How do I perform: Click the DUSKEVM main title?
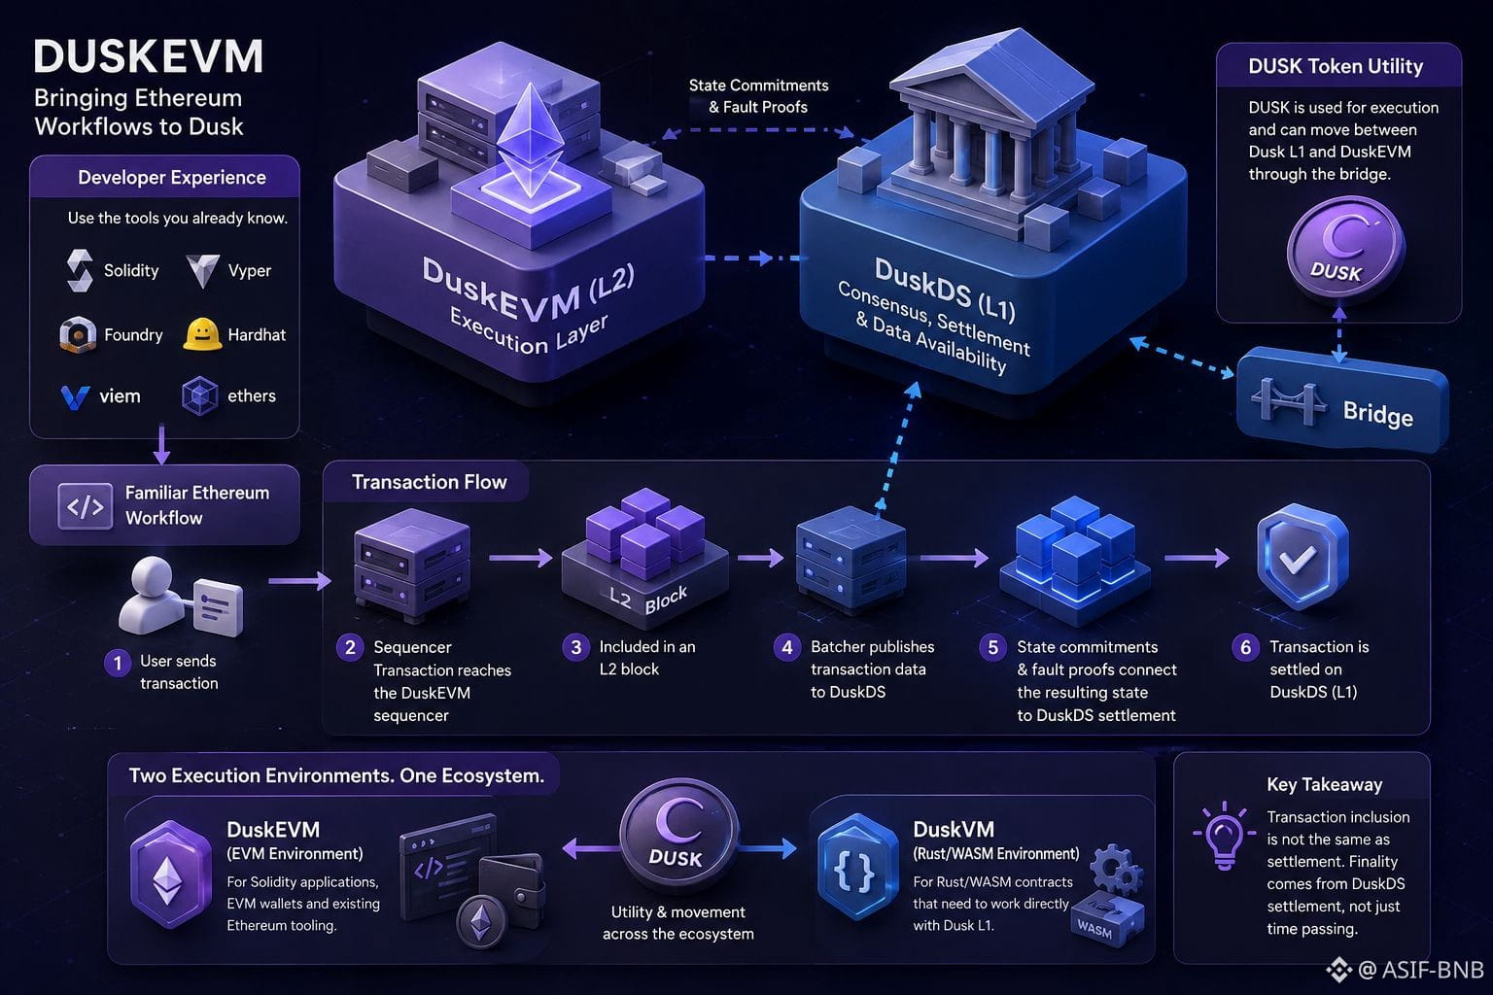click(149, 56)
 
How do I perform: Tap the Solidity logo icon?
click(80, 270)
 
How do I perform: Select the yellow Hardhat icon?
click(202, 334)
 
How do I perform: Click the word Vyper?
click(249, 270)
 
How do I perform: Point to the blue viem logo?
click(75, 397)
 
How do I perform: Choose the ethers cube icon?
click(200, 395)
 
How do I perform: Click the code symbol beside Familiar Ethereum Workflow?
click(85, 506)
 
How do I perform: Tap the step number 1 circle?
click(118, 663)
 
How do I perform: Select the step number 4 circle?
click(787, 647)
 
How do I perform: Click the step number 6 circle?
click(1245, 647)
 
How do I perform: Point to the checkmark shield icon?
click(1302, 556)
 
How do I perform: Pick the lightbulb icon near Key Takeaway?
click(1225, 836)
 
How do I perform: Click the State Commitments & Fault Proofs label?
click(758, 96)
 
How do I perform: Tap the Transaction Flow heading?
click(430, 482)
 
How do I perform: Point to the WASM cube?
click(1108, 918)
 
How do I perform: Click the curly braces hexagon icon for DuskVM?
click(855, 868)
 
